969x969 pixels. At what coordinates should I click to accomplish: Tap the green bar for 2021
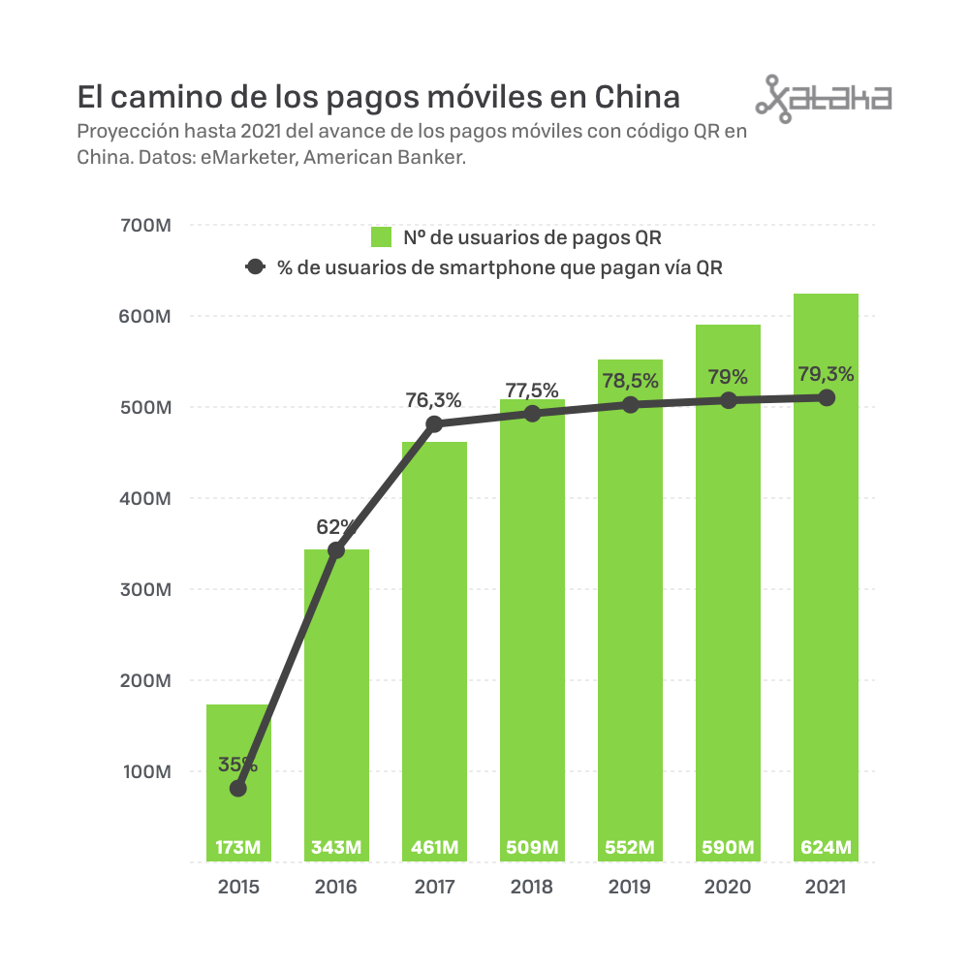click(x=826, y=581)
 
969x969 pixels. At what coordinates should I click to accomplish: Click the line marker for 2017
click(x=434, y=424)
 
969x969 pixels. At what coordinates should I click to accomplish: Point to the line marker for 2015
click(x=238, y=789)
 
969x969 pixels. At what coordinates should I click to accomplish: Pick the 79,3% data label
click(x=826, y=373)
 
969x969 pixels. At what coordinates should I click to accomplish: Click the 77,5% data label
click(x=532, y=391)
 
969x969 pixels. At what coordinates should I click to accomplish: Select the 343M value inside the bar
click(x=336, y=848)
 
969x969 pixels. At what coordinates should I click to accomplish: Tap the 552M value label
click(x=630, y=848)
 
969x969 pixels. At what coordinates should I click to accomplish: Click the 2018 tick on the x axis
click(x=532, y=887)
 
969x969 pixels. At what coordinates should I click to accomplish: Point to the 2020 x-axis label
click(x=728, y=887)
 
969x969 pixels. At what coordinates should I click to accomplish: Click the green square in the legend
click(x=381, y=237)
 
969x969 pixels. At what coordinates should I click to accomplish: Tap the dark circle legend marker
click(x=255, y=268)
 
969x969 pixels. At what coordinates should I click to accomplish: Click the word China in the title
click(x=636, y=98)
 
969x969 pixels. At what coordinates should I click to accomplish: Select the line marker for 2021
click(x=827, y=397)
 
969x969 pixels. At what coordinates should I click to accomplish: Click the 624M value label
click(x=826, y=848)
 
